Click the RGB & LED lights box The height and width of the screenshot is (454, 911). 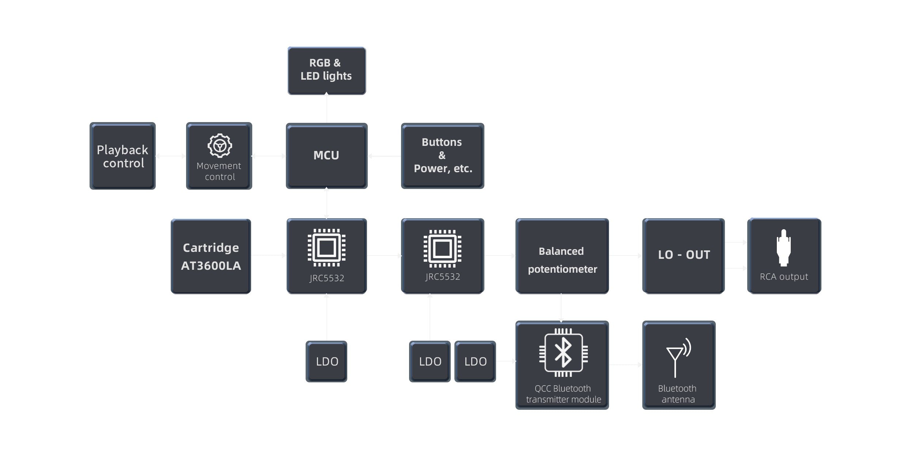[326, 70]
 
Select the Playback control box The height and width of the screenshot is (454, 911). [122, 156]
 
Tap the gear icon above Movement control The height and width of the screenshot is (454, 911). [220, 145]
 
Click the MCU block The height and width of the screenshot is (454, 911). [326, 156]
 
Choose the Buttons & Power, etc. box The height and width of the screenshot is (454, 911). [442, 156]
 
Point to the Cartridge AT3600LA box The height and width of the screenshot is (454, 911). [211, 256]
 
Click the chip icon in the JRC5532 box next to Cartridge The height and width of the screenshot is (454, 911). [326, 248]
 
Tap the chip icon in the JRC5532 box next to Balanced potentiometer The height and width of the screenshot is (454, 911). [442, 249]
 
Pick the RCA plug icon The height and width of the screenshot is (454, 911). [783, 247]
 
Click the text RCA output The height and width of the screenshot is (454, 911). [784, 277]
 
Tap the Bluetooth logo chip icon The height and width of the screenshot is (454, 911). [563, 352]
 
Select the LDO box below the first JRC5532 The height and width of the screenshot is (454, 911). [326, 362]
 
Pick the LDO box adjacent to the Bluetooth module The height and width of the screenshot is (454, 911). [475, 362]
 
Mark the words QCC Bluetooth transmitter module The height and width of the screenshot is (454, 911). [563, 394]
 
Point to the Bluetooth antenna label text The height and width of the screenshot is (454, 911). [678, 394]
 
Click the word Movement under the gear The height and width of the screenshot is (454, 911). [219, 166]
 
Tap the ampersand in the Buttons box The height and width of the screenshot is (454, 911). [442, 155]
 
